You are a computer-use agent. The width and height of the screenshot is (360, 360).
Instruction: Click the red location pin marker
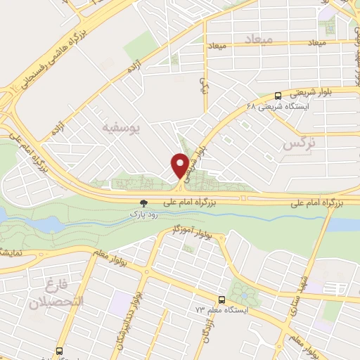click(x=180, y=166)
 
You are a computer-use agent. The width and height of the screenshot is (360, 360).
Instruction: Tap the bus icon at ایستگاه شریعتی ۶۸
click(x=278, y=95)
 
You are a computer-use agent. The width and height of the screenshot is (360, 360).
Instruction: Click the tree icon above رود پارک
click(x=145, y=201)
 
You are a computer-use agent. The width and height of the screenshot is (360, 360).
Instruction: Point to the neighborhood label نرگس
click(x=297, y=143)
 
